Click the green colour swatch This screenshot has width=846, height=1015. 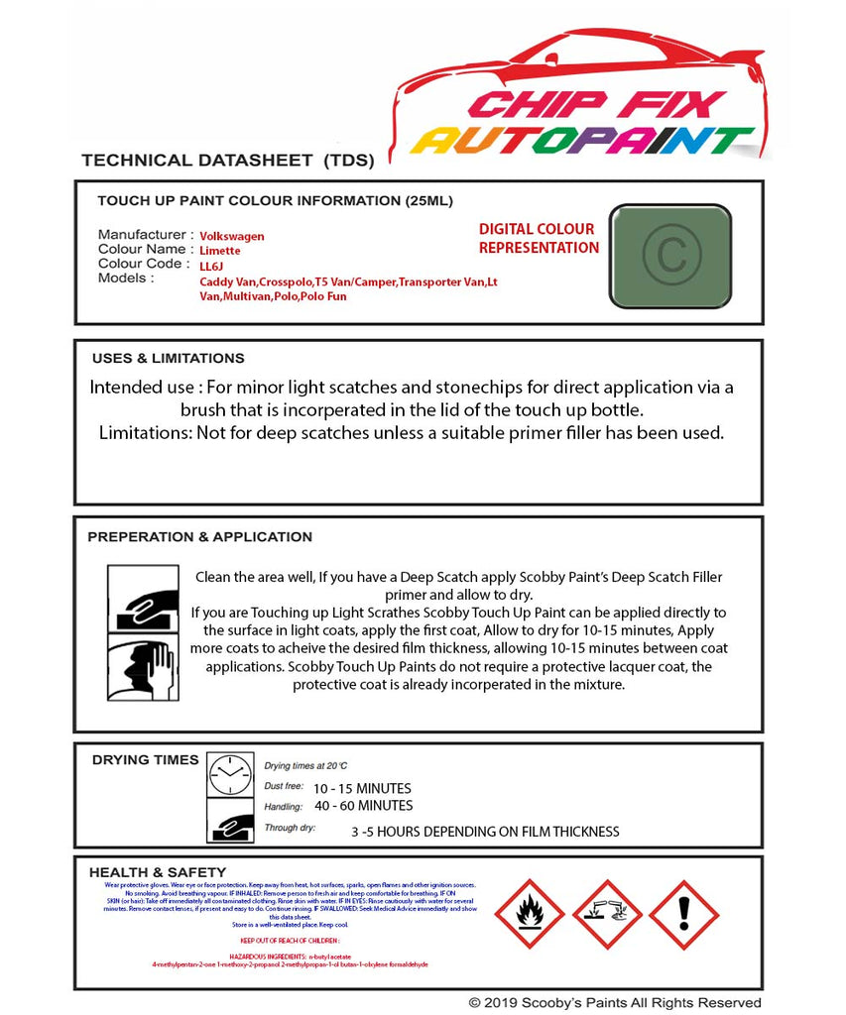tap(669, 255)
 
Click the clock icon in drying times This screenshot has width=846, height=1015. tap(230, 774)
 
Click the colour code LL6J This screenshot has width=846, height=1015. tap(212, 267)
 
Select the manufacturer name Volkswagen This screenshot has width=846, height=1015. tap(232, 237)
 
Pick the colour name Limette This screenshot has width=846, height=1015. tap(220, 251)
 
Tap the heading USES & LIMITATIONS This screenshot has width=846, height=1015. tap(168, 359)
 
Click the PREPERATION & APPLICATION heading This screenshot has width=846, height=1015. tap(199, 537)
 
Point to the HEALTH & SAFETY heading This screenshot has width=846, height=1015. tap(157, 872)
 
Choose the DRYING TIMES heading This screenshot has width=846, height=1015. tap(145, 760)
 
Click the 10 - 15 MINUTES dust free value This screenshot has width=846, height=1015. tap(362, 789)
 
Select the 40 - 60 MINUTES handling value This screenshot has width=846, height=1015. tap(363, 806)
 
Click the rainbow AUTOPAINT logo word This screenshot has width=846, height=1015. tap(582, 141)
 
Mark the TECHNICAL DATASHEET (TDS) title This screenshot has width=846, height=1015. tap(227, 161)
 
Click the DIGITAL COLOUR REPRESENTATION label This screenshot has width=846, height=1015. tap(539, 239)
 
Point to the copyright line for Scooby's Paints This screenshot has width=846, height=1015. tap(615, 1003)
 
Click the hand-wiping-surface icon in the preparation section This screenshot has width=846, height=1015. tap(143, 598)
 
